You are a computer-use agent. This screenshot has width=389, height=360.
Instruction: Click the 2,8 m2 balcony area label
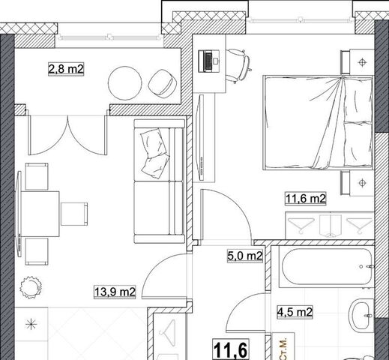66,69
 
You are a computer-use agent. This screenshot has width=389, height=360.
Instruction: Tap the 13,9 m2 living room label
115,292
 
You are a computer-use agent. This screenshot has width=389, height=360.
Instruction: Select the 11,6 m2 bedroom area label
306,199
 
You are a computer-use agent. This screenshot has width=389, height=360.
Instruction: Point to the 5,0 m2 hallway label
245,256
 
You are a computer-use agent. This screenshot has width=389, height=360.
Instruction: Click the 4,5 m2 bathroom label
295,312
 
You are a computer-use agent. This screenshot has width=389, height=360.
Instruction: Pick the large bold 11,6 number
231,349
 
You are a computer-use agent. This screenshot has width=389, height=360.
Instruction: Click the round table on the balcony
125,82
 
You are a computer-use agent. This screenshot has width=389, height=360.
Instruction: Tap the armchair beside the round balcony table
162,83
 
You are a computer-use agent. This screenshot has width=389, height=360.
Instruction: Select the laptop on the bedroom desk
209,61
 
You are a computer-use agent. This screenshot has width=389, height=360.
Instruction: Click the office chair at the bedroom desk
238,66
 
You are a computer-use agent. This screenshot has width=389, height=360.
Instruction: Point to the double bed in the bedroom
318,122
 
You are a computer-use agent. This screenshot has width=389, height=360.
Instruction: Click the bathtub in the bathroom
326,266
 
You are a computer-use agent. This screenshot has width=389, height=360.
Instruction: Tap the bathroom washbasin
361,315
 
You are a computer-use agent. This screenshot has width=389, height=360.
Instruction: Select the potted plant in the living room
31,287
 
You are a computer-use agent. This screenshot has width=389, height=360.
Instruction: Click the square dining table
40,214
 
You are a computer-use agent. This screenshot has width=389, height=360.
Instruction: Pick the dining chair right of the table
74,214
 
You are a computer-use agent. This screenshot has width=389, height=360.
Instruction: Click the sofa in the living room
160,181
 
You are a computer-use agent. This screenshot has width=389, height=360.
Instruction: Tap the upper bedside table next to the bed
358,62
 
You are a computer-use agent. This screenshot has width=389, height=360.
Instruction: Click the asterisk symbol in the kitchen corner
31,325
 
